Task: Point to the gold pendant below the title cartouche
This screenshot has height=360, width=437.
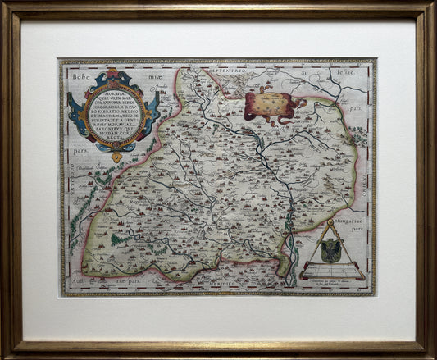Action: [117, 156]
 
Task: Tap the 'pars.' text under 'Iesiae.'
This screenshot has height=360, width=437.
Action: [354, 105]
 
